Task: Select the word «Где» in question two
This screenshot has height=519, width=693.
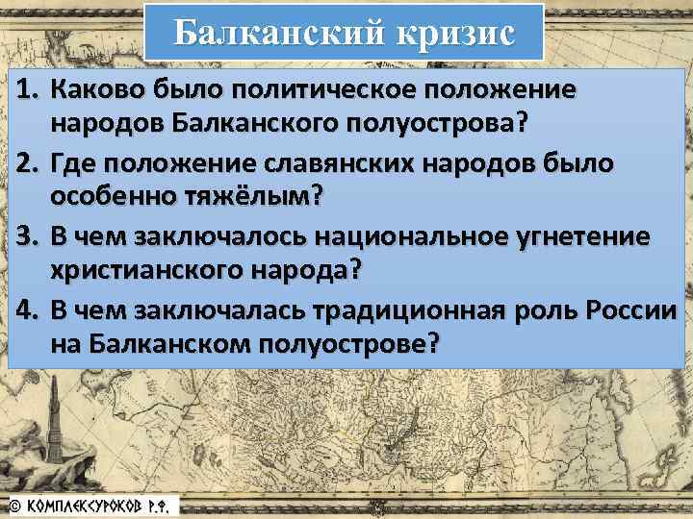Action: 74,163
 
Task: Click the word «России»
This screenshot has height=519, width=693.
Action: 635,309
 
